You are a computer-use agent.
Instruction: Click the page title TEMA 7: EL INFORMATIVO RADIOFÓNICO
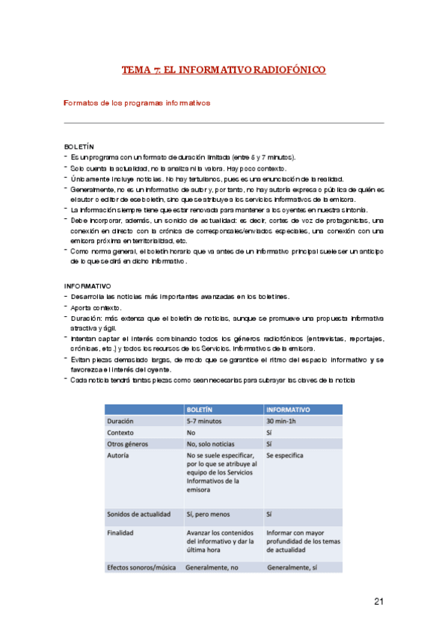pyautogui.click(x=224, y=70)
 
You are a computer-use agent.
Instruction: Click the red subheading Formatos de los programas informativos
pyautogui.click(x=136, y=102)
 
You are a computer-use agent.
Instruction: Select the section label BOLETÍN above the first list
pyautogui.click(x=79, y=147)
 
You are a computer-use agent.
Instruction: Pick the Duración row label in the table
pyautogui.click(x=125, y=421)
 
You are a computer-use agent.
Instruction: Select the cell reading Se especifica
pyautogui.click(x=288, y=455)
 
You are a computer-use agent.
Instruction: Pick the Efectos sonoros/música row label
pyautogui.click(x=141, y=567)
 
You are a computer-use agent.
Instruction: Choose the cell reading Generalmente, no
pyautogui.click(x=217, y=567)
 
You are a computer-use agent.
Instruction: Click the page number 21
pyautogui.click(x=378, y=602)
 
